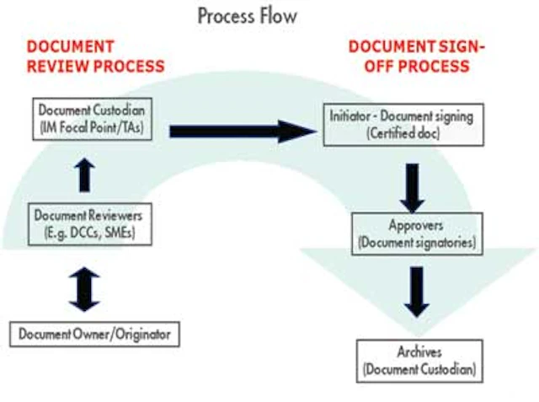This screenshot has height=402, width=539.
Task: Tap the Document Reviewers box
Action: pyautogui.click(x=89, y=222)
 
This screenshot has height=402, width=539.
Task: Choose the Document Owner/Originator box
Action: pyautogui.click(x=94, y=335)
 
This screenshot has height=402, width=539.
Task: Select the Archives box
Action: pyautogui.click(x=419, y=359)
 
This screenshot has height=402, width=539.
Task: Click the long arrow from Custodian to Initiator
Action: pyautogui.click(x=239, y=130)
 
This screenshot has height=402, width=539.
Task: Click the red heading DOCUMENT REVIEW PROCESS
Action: pyautogui.click(x=95, y=56)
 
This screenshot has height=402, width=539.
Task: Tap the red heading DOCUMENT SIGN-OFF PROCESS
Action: pyautogui.click(x=418, y=56)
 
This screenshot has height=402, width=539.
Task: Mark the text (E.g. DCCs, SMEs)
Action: pyautogui.click(x=89, y=231)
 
